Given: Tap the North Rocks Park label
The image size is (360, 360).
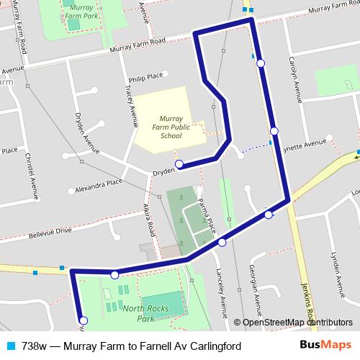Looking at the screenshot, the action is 138,312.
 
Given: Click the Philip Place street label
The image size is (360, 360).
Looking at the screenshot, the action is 145,74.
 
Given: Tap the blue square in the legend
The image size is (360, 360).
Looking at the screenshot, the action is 9,346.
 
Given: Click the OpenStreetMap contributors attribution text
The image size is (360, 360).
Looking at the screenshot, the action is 297,323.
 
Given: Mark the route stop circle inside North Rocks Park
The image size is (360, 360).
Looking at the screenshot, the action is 83,320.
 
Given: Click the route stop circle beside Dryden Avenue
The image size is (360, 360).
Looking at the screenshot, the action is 179,163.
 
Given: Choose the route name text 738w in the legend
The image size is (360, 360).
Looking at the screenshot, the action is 35,346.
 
